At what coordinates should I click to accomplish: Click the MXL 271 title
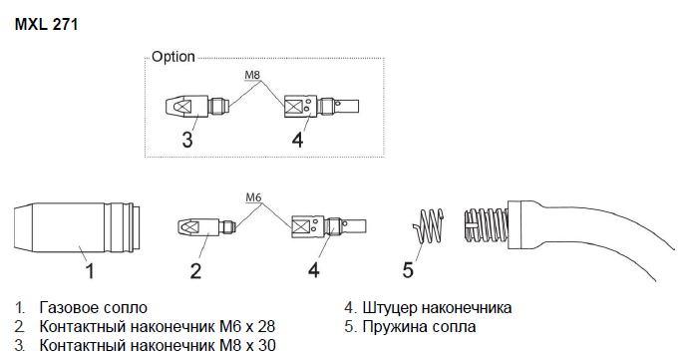(x=46, y=24)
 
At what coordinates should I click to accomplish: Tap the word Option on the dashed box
(x=173, y=57)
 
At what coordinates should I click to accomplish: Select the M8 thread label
(x=252, y=75)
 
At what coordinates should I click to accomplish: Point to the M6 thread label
(x=253, y=197)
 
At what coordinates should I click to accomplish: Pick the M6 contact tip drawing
(x=206, y=226)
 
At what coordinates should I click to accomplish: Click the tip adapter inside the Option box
(x=321, y=106)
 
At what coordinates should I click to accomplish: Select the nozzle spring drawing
(x=428, y=226)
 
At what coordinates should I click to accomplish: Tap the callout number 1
(x=89, y=270)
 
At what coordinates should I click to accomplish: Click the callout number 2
(x=195, y=270)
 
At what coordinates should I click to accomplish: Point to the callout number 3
(x=187, y=140)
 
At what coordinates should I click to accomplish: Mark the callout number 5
(x=408, y=270)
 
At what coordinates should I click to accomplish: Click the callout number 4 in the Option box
(x=297, y=140)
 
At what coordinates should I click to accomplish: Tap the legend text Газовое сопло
(x=93, y=308)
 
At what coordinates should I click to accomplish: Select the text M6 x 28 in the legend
(x=247, y=327)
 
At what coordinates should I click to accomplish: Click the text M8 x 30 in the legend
(x=247, y=345)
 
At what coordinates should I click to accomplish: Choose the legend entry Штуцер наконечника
(x=437, y=308)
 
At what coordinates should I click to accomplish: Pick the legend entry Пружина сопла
(x=419, y=327)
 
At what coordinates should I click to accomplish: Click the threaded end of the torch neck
(x=486, y=224)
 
